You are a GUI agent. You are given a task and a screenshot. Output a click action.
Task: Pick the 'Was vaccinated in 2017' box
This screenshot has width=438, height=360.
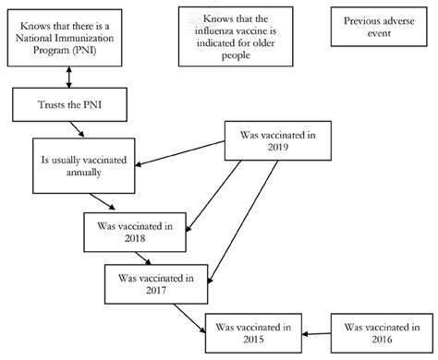click(150, 282)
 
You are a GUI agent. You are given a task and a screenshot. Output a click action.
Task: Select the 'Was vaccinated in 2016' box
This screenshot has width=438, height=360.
click(379, 332)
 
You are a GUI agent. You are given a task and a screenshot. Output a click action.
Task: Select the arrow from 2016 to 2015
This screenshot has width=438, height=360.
click(316, 333)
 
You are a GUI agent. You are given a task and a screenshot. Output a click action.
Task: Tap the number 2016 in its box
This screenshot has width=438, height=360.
click(379, 339)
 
